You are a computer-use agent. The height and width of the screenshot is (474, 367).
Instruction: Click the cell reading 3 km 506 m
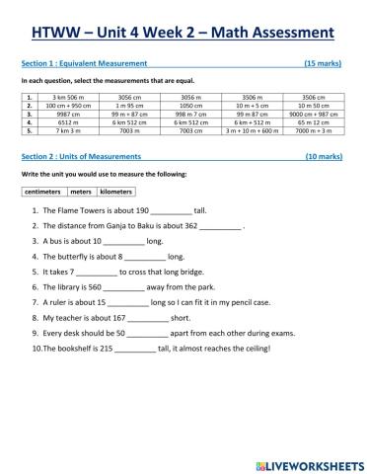click(x=73, y=98)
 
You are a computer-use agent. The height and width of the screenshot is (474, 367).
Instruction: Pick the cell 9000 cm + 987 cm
click(x=313, y=114)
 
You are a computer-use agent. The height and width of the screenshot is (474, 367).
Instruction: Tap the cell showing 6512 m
click(x=73, y=121)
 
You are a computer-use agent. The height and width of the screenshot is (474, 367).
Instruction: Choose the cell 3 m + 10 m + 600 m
click(x=252, y=129)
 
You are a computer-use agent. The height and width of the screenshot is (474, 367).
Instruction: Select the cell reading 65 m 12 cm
click(x=313, y=121)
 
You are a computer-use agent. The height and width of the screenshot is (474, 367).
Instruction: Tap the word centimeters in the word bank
click(x=42, y=192)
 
